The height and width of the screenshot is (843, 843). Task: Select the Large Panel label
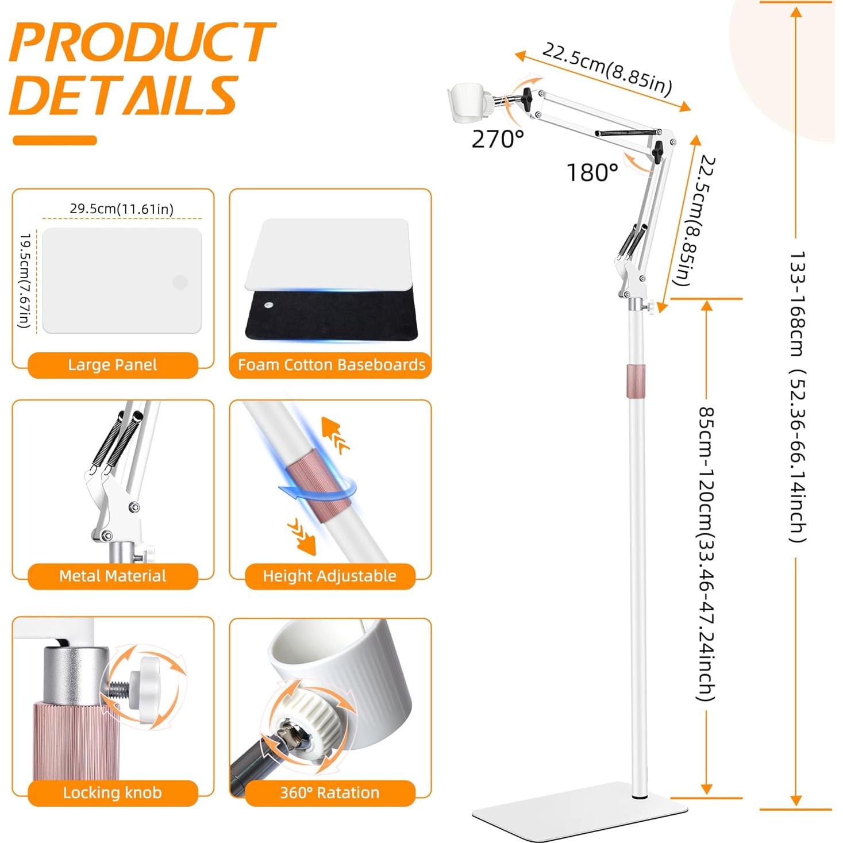pos(113,365)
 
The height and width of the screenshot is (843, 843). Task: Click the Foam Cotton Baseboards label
pos(331,365)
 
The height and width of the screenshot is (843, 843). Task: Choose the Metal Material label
pos(113,576)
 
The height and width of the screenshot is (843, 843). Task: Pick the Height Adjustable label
pos(329,576)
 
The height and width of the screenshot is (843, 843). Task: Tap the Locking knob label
pos(113,793)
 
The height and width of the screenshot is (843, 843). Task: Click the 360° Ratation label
pos(329,793)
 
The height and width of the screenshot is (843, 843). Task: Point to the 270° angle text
pos(498,139)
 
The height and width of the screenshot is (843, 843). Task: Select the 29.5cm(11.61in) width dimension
pos(122,209)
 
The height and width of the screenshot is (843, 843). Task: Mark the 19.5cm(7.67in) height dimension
pos(25,280)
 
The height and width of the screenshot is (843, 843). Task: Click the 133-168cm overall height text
pos(798,397)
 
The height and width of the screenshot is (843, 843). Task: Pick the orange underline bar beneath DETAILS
pos(55,140)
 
